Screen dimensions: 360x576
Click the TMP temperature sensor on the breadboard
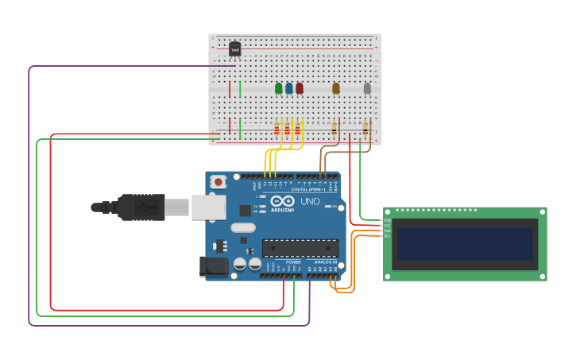(234, 49)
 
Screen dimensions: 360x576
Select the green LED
(278, 88)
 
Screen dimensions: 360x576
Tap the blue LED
(288, 88)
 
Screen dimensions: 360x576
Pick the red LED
(299, 88)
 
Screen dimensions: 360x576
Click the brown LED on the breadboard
(335, 88)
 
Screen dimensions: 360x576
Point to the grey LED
(366, 88)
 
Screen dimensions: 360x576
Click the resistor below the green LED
(277, 128)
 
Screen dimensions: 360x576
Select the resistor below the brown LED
(334, 127)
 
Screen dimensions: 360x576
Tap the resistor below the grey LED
(365, 127)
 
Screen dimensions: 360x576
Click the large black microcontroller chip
(300, 248)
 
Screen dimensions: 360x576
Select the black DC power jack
(213, 267)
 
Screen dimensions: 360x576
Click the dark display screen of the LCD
(465, 244)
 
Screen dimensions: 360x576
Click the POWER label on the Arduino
(293, 261)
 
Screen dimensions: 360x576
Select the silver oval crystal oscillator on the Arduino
(244, 227)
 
